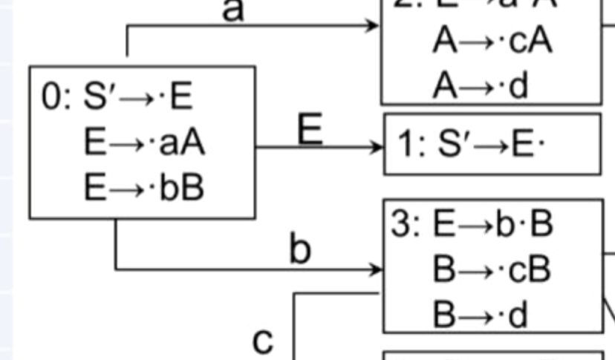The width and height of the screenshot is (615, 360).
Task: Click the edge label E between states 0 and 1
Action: point(310,130)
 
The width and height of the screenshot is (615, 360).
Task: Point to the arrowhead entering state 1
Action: point(378,146)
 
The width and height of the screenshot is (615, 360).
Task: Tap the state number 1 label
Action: point(406,145)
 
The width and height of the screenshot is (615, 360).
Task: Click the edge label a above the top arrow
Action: point(233,10)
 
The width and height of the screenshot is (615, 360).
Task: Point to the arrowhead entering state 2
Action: point(374,25)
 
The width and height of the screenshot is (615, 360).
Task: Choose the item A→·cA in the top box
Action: point(492,42)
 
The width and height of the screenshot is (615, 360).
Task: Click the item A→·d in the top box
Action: point(480,86)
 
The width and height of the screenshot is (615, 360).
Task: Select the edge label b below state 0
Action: point(299,250)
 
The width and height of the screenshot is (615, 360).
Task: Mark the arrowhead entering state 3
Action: point(377,269)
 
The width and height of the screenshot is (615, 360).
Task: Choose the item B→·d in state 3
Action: point(480,315)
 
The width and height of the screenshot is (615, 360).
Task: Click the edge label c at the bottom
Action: point(263,340)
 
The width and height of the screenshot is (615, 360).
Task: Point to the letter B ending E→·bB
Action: point(192,188)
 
